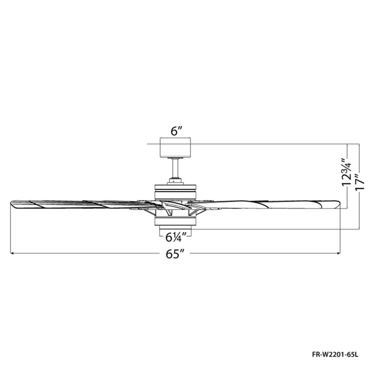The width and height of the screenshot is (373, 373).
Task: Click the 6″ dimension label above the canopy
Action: [x=177, y=131]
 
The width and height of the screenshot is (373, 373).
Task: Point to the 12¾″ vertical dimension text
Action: [x=346, y=172]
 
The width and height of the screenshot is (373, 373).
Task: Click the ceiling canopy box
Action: [x=176, y=147]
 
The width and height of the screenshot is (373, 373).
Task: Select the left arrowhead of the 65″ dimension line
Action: [x=13, y=253]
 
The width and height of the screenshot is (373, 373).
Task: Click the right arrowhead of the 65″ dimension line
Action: [x=338, y=253]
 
